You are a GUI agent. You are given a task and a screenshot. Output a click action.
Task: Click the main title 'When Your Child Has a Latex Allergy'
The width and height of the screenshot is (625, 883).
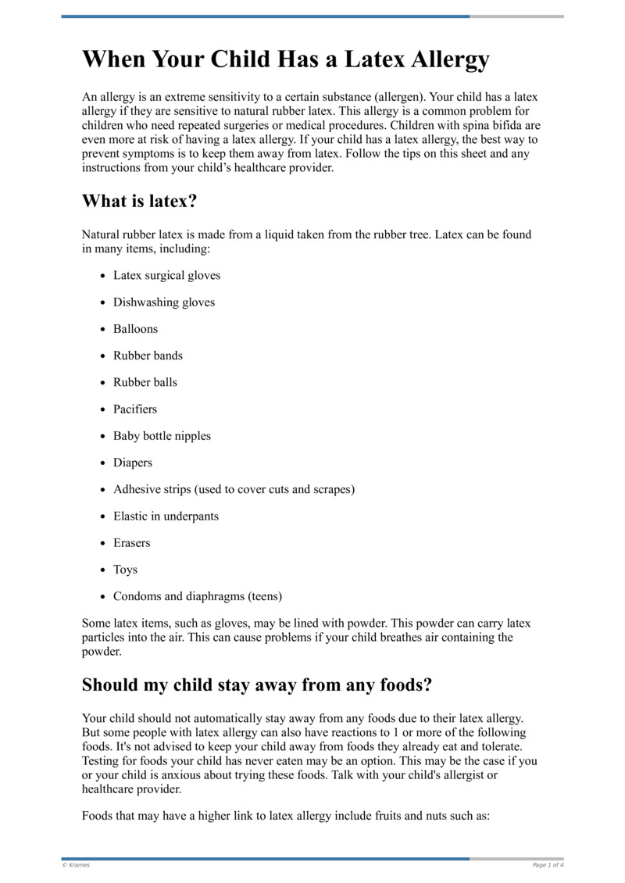coord(286,59)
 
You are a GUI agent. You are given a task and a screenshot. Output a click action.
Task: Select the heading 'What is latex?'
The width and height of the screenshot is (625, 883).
coord(140,201)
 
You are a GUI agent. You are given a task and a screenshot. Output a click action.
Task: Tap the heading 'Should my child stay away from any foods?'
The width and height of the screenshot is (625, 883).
coord(257,685)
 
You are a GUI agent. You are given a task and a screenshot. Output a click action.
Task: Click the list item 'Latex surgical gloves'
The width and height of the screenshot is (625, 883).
coord(166,276)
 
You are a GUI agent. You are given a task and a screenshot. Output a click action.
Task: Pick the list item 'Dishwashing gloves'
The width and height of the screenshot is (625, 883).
coord(163,302)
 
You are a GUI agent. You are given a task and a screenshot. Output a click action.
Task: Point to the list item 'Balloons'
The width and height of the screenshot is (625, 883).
coord(135,329)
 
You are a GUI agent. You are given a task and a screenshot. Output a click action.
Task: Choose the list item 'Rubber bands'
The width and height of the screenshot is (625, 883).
coord(148,356)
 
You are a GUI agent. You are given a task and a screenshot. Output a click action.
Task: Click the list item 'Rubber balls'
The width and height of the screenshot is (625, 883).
coord(145,382)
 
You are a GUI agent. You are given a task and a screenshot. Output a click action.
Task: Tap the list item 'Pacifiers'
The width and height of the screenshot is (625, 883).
coord(134,409)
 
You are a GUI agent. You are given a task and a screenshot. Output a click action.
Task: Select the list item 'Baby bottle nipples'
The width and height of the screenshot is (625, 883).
coord(162,436)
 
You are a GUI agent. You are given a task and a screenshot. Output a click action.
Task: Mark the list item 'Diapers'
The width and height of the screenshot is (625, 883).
coord(133,463)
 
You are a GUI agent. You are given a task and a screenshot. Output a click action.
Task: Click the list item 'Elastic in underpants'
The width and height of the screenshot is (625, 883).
coord(166,517)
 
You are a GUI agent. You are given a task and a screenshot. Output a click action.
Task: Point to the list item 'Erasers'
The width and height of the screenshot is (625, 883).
coord(131,543)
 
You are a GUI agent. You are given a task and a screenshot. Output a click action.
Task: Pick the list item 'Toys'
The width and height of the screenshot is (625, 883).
coord(125,570)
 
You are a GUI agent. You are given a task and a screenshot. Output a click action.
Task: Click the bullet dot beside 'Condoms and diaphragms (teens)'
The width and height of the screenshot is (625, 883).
coord(103,597)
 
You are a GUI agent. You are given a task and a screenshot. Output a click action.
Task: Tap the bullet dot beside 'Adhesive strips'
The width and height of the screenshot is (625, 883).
coord(103,490)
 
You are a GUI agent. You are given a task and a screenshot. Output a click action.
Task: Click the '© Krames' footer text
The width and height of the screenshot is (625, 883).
coord(76,865)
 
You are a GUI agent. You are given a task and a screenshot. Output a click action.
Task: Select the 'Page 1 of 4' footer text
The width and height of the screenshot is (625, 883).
coord(548,865)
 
